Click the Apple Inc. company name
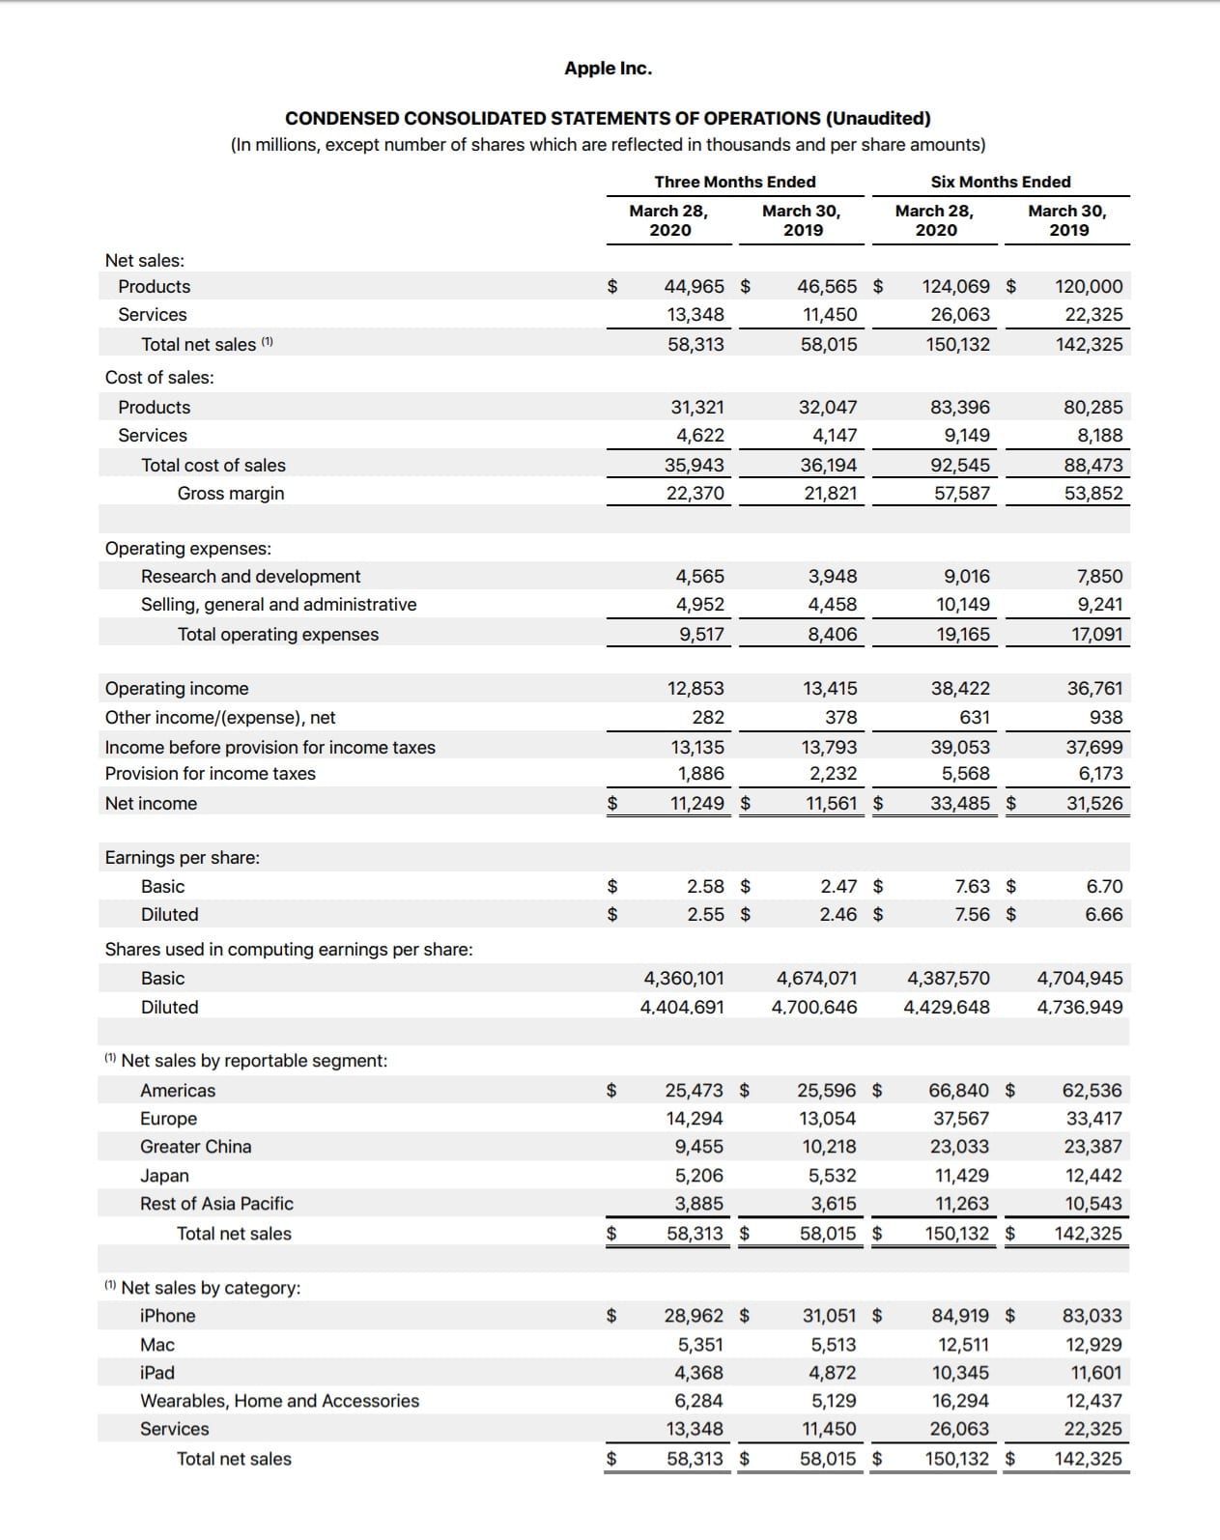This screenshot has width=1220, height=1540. [x=608, y=69]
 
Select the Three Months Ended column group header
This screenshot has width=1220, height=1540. [x=734, y=182]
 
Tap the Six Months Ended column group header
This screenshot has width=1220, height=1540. [x=1000, y=182]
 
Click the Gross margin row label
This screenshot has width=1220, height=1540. [x=231, y=494]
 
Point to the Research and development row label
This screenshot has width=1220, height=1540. [x=250, y=577]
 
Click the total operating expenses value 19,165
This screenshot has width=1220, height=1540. [x=962, y=635]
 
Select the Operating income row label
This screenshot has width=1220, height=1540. [x=177, y=689]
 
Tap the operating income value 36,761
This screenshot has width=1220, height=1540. [x=1094, y=689]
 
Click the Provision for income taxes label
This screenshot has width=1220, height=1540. [x=210, y=774]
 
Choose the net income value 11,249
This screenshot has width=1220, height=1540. [x=696, y=804]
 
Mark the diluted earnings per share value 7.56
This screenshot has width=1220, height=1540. [x=971, y=915]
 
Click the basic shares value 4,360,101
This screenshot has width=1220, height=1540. [x=684, y=979]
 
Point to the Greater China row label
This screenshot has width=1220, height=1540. [x=195, y=1147]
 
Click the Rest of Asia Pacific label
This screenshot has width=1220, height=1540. [x=216, y=1204]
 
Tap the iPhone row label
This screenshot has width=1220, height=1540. [x=167, y=1316]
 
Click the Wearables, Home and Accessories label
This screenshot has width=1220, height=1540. [x=279, y=1401]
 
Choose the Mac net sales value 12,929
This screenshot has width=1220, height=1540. [x=1093, y=1345]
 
